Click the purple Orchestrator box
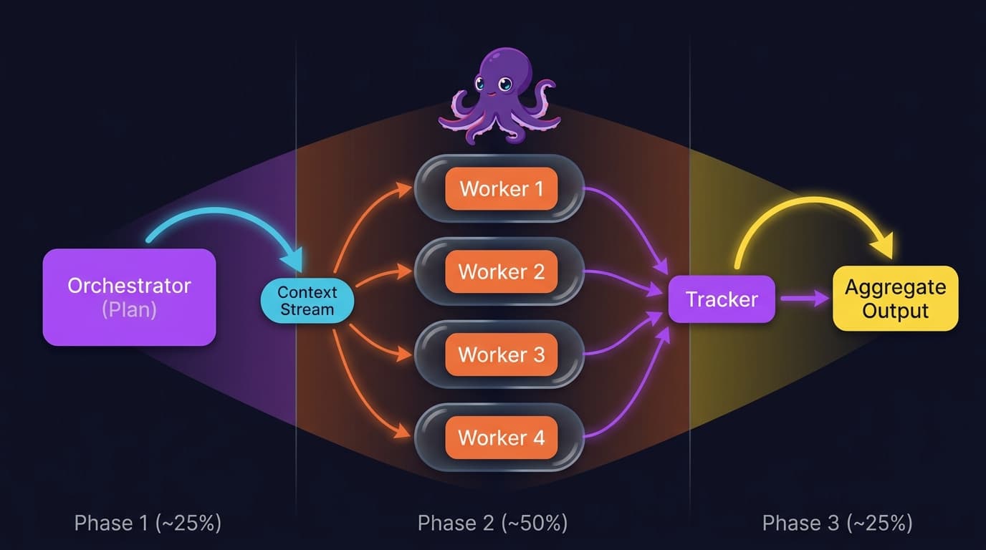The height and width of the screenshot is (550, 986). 129,296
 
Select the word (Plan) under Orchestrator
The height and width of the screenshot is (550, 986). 129,310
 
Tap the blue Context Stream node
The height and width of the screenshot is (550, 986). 307,301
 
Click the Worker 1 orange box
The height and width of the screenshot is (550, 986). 501,189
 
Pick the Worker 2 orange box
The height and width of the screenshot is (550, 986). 501,272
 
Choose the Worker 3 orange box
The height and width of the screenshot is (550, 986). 501,354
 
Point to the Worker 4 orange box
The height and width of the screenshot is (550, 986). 501,438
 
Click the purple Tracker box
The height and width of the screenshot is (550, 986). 722,299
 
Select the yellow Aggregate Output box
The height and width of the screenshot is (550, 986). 895,299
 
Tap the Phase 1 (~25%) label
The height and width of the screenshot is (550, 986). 148,523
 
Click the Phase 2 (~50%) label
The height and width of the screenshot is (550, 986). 493,523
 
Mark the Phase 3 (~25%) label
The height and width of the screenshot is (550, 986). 837,523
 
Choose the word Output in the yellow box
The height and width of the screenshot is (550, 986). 895,312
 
